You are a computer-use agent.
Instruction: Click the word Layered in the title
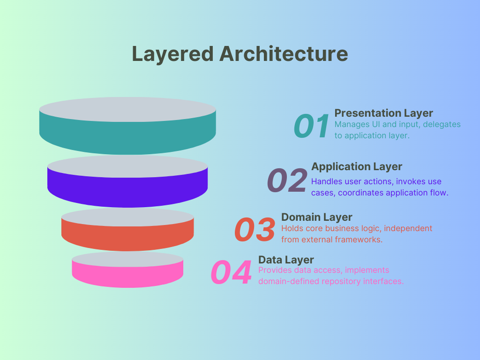[x=172, y=54]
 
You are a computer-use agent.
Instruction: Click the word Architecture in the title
[x=284, y=53]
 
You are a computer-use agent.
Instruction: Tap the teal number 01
[x=311, y=126]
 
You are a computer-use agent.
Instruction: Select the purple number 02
[x=287, y=180]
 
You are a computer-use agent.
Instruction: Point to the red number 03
[x=255, y=229]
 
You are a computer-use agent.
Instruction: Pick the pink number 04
[x=231, y=272]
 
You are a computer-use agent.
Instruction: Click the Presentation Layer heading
[x=383, y=113]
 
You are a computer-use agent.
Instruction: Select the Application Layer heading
[x=357, y=167]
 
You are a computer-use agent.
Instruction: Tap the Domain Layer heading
[x=317, y=217]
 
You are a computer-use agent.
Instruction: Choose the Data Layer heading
[x=286, y=260]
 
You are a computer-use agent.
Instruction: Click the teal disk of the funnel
[x=127, y=126]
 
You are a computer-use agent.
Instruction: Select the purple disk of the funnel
[x=127, y=181]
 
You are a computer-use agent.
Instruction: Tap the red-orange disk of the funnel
[x=127, y=230]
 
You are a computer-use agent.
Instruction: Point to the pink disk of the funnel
[x=127, y=270]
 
